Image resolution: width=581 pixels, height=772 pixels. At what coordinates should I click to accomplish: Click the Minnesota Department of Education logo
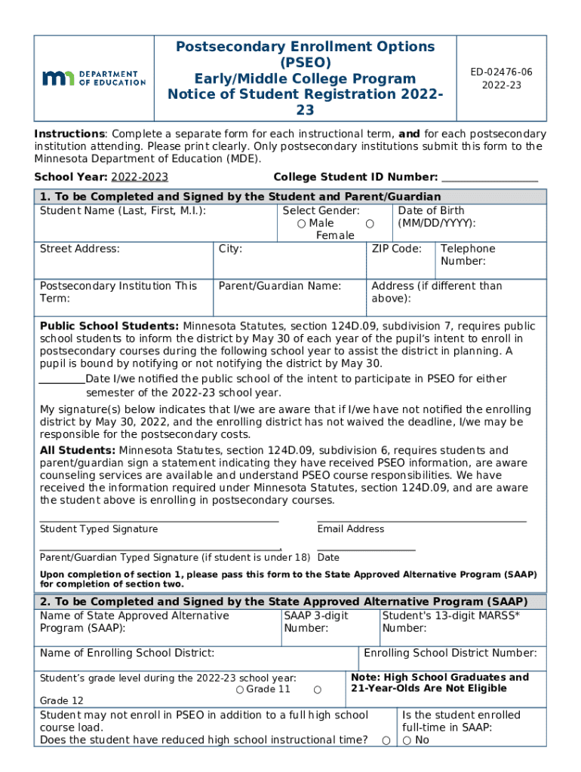(94, 78)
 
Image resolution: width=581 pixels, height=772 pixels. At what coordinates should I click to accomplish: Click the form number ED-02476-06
(502, 72)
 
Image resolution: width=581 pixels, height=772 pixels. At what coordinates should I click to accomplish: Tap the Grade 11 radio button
(239, 690)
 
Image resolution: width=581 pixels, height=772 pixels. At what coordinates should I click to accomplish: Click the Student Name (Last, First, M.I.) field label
(122, 211)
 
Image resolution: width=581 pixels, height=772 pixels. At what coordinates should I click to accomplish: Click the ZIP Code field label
(396, 249)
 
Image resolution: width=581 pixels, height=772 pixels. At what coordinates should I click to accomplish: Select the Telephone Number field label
(468, 255)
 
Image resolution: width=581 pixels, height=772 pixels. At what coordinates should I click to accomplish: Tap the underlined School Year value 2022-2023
(140, 178)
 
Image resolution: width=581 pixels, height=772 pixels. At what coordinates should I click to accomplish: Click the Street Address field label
(79, 249)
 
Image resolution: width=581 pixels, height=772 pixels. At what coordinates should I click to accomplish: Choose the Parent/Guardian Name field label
(279, 286)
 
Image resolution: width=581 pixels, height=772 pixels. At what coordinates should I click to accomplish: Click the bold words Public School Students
(109, 326)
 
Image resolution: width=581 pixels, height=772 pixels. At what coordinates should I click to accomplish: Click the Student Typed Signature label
(99, 529)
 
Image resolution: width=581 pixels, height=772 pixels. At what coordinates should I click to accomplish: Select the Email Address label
(351, 529)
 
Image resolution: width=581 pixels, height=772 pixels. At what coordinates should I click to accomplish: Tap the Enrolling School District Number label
(450, 653)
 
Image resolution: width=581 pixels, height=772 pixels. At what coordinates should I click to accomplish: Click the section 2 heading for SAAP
(284, 602)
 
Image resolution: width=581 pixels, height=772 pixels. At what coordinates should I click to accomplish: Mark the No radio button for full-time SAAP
(407, 740)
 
